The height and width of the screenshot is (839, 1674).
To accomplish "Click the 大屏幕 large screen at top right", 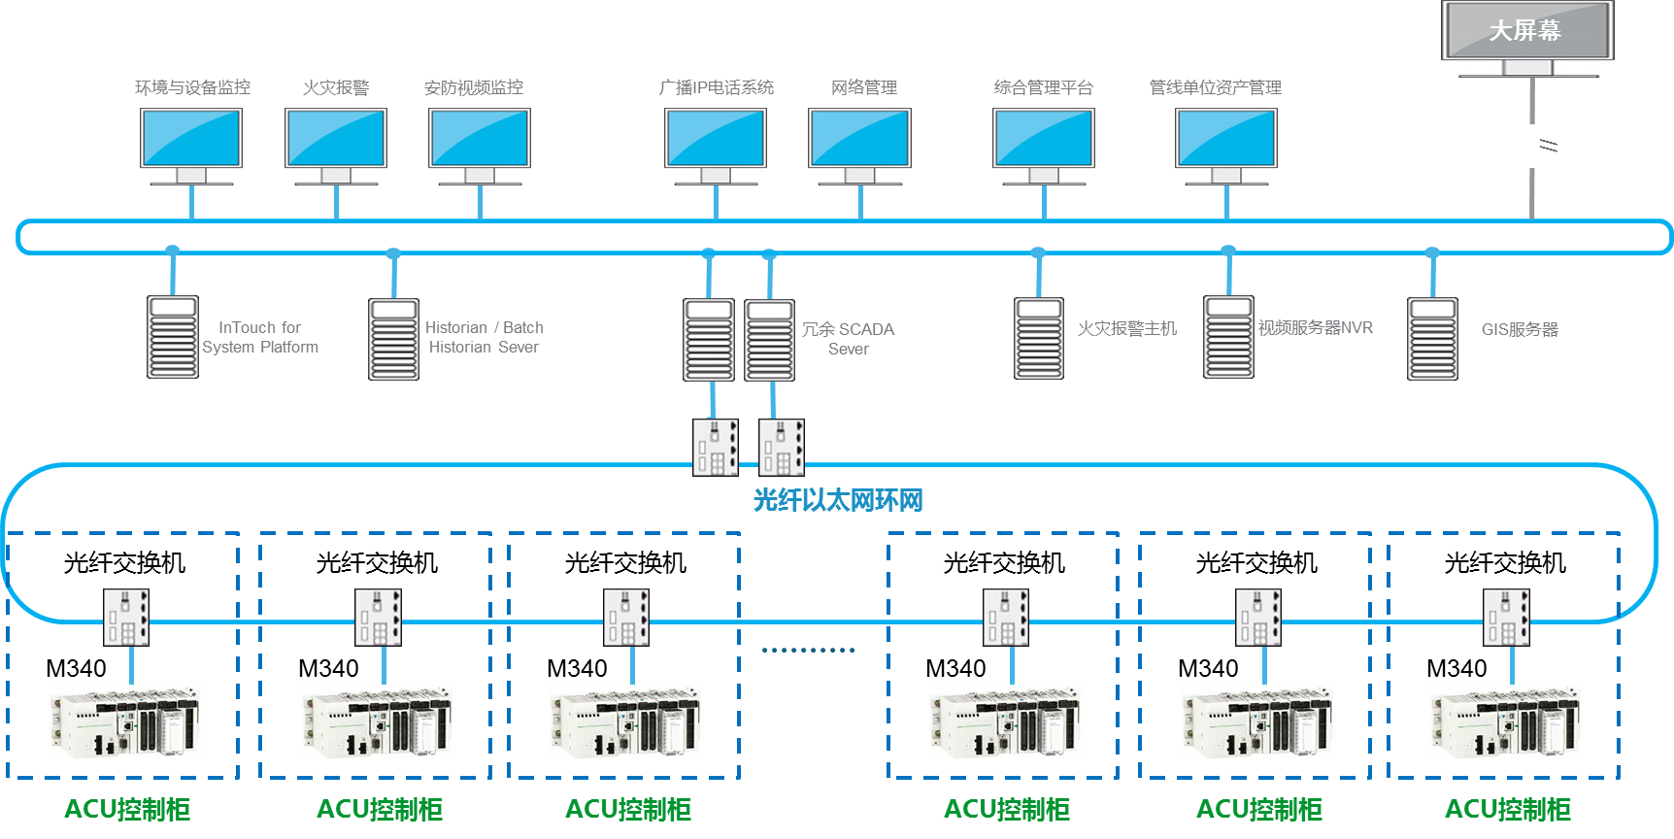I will coord(1526,32).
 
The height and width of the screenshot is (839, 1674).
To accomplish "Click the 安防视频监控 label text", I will coord(474,87).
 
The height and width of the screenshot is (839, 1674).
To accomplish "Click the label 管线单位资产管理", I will coord(1216,87).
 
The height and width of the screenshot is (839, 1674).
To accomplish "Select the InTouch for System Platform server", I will coord(173,337).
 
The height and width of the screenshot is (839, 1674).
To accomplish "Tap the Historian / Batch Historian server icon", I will coord(393,339).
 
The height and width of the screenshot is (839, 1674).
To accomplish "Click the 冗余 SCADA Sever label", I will coord(848,339).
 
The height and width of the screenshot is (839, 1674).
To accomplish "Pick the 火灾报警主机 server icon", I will coord(1039,338).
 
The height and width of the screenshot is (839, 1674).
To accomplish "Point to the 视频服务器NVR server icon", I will coord(1228,337).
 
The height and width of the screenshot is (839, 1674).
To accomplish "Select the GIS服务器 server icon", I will coord(1432,338).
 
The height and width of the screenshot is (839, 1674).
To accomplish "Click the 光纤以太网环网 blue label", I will coord(837,500).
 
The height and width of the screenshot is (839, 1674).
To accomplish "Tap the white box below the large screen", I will coord(1532,147).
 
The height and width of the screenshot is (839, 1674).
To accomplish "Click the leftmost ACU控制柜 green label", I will coord(127,809).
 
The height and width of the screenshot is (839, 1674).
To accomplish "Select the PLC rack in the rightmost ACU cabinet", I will coord(1506,722).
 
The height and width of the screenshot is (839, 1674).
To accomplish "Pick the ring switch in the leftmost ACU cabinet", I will coord(126,617).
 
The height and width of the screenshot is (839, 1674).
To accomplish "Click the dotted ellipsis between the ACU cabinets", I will coord(808,650).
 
